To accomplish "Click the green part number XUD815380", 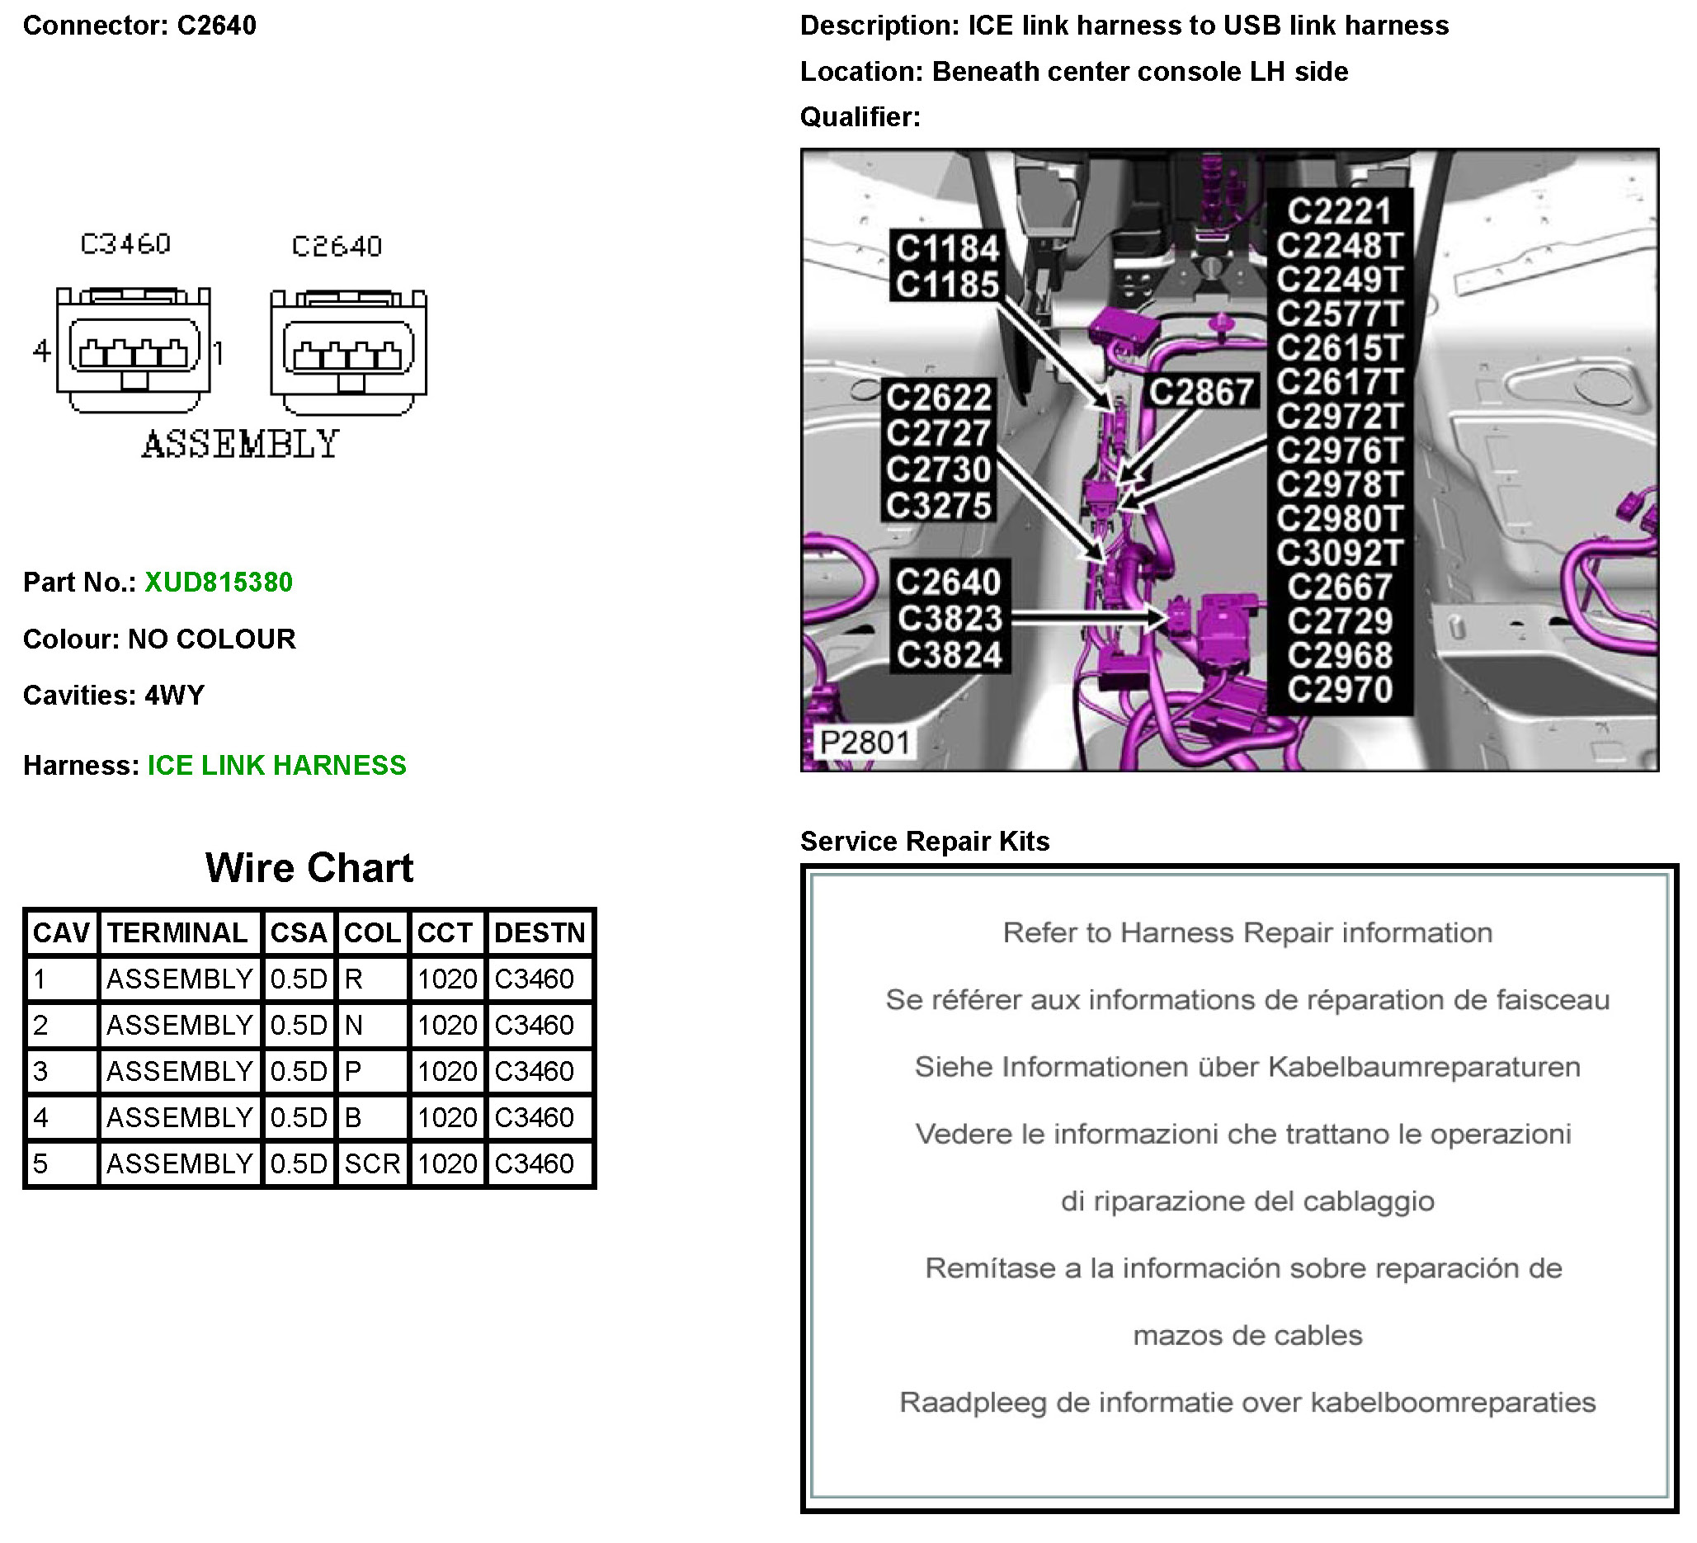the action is tap(219, 583).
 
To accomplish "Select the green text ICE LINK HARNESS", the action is tap(277, 765).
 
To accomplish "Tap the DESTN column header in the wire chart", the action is tap(540, 932).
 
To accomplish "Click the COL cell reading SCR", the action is tap(372, 1163).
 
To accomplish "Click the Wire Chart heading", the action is tap(309, 868).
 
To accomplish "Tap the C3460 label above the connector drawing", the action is tap(125, 244).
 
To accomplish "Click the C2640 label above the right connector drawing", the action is tap(337, 247).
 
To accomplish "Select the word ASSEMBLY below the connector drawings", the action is tap(241, 445).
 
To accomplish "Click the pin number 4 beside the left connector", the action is tap(41, 350).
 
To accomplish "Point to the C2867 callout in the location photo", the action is tap(1202, 392).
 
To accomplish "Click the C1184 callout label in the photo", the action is tap(947, 248).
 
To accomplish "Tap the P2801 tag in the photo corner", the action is tap(865, 743).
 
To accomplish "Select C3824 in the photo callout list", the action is tap(950, 655).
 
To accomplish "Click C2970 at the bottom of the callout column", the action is tap(1340, 691).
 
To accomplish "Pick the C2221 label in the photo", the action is tap(1339, 211).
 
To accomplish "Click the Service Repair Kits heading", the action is tap(925, 842).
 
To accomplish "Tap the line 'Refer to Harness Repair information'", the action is tap(1247, 932).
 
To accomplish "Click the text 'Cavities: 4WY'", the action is tap(114, 696).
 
